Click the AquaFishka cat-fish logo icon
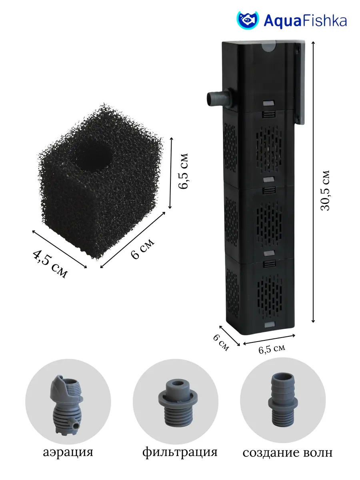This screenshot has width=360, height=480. (x=248, y=20)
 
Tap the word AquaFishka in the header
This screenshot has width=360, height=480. (x=305, y=21)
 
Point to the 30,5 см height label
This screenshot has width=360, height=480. (x=325, y=190)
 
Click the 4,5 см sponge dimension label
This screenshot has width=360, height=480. (x=50, y=264)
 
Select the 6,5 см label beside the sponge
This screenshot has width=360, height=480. (x=183, y=171)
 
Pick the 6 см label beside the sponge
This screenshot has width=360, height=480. (x=142, y=249)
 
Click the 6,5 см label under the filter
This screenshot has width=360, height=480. (x=272, y=349)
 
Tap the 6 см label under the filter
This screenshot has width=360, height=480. (x=221, y=343)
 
